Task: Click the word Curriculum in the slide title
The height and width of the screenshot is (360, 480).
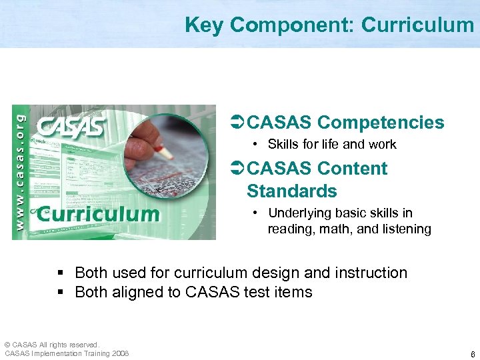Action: click(417, 25)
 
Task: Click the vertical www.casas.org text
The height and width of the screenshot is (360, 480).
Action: click(20, 171)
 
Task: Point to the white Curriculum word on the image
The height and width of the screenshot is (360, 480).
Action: click(98, 214)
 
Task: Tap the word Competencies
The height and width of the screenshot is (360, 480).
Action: click(381, 123)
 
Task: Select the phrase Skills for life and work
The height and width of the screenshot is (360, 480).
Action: click(332, 145)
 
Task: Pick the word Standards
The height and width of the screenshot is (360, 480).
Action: click(292, 191)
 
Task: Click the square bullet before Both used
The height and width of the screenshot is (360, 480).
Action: click(61, 273)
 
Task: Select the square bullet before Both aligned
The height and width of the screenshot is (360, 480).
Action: click(61, 293)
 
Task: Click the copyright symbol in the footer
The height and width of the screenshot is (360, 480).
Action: click(7, 344)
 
